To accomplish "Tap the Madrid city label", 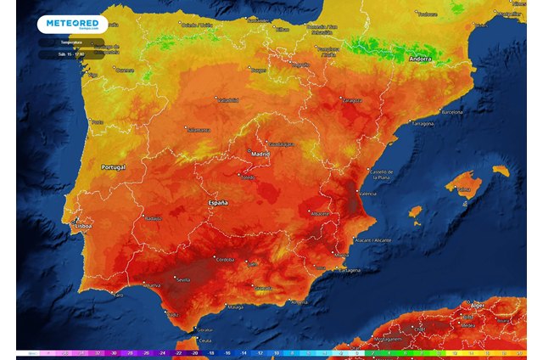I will (260, 154).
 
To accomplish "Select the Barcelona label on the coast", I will (451, 112).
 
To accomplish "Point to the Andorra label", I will (420, 59).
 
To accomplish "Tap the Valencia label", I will (368, 194).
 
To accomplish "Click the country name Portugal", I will (113, 167).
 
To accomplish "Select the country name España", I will (218, 204).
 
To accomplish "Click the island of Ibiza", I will (415, 211).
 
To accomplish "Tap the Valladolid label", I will (228, 100).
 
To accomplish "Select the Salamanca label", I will (198, 130).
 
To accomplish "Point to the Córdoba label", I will (225, 259).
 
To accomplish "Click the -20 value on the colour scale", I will (194, 352).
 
